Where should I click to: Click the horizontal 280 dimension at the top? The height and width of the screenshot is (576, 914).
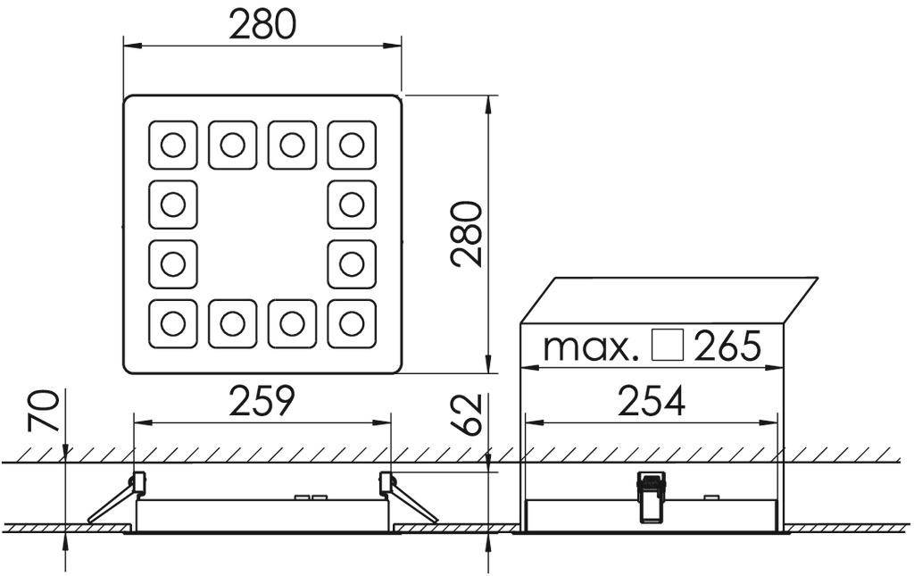[262, 24]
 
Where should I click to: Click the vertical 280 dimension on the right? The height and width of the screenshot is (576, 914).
[467, 234]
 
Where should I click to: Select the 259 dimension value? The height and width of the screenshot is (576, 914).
[262, 402]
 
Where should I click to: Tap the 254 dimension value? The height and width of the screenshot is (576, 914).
[652, 402]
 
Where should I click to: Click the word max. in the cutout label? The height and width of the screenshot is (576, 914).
[592, 346]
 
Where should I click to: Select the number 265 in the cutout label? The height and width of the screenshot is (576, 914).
[727, 346]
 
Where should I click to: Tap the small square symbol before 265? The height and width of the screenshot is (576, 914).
[668, 346]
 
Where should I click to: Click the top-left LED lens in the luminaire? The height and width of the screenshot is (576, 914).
[173, 145]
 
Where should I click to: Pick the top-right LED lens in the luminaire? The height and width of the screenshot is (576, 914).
[352, 145]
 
